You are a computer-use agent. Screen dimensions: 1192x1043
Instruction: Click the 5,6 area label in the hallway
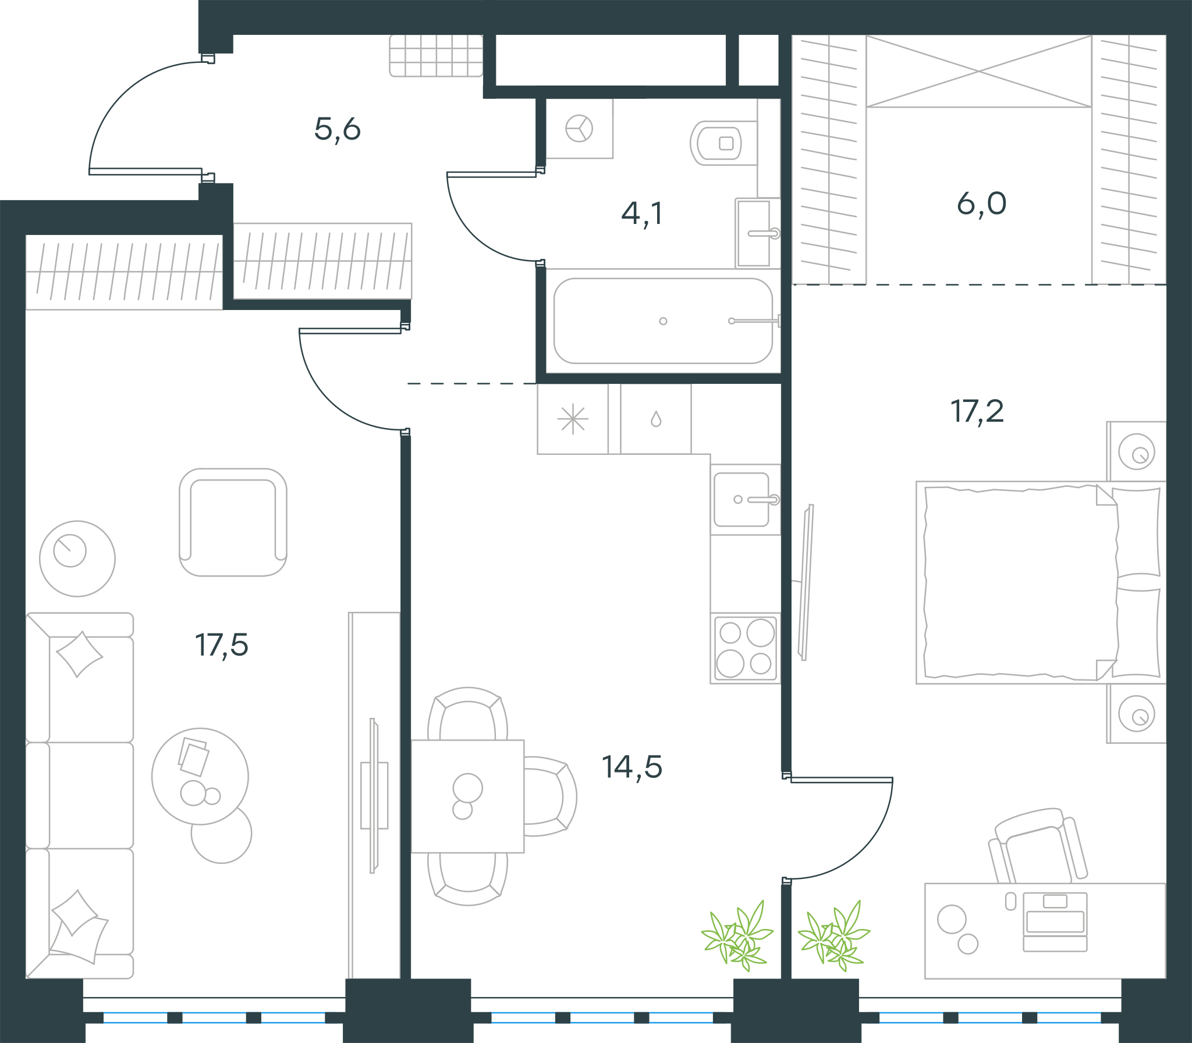(337, 129)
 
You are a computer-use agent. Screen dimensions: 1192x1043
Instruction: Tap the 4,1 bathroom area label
(642, 213)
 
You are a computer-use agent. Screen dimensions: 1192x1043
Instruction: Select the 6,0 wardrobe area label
(981, 204)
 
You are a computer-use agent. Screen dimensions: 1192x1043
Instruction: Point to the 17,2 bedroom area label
(977, 411)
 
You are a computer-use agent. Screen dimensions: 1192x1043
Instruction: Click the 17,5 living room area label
(221, 646)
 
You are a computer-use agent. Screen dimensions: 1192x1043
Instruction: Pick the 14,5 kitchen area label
(632, 767)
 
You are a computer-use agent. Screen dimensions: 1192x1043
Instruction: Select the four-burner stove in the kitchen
(745, 648)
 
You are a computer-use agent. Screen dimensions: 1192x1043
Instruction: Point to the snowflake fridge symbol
(573, 419)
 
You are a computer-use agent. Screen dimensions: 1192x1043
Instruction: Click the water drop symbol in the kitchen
(656, 419)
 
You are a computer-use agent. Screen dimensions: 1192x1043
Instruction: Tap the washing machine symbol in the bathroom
(579, 128)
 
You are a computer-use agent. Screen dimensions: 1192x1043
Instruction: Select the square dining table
(467, 796)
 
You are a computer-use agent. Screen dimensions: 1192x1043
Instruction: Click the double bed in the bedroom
(1041, 582)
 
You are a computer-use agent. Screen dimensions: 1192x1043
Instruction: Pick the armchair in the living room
(233, 522)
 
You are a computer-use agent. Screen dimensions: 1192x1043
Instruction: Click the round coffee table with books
(200, 777)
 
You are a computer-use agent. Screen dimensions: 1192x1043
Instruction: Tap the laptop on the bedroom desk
(1055, 921)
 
